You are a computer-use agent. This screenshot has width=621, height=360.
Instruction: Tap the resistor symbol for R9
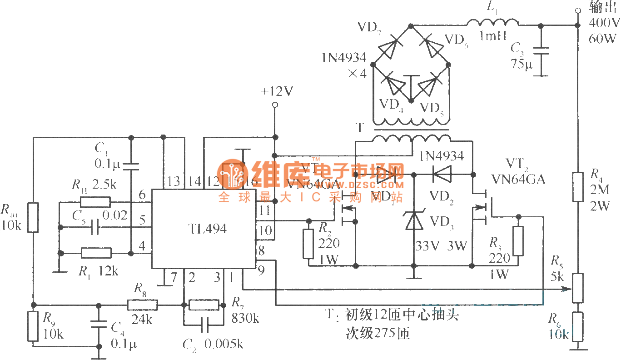point(34,326)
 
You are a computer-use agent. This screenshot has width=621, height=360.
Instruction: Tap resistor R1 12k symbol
point(96,253)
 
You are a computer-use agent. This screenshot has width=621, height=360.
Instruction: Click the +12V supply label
point(277,91)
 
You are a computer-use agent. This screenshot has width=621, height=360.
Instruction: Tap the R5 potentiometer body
point(577,288)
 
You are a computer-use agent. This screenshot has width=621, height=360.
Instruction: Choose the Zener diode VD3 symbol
point(413,221)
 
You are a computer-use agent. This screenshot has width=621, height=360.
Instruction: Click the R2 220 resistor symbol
point(308,243)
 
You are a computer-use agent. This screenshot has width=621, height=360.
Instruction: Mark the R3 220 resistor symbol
point(518,241)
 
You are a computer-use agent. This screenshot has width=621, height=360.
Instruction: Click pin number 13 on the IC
point(174,182)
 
